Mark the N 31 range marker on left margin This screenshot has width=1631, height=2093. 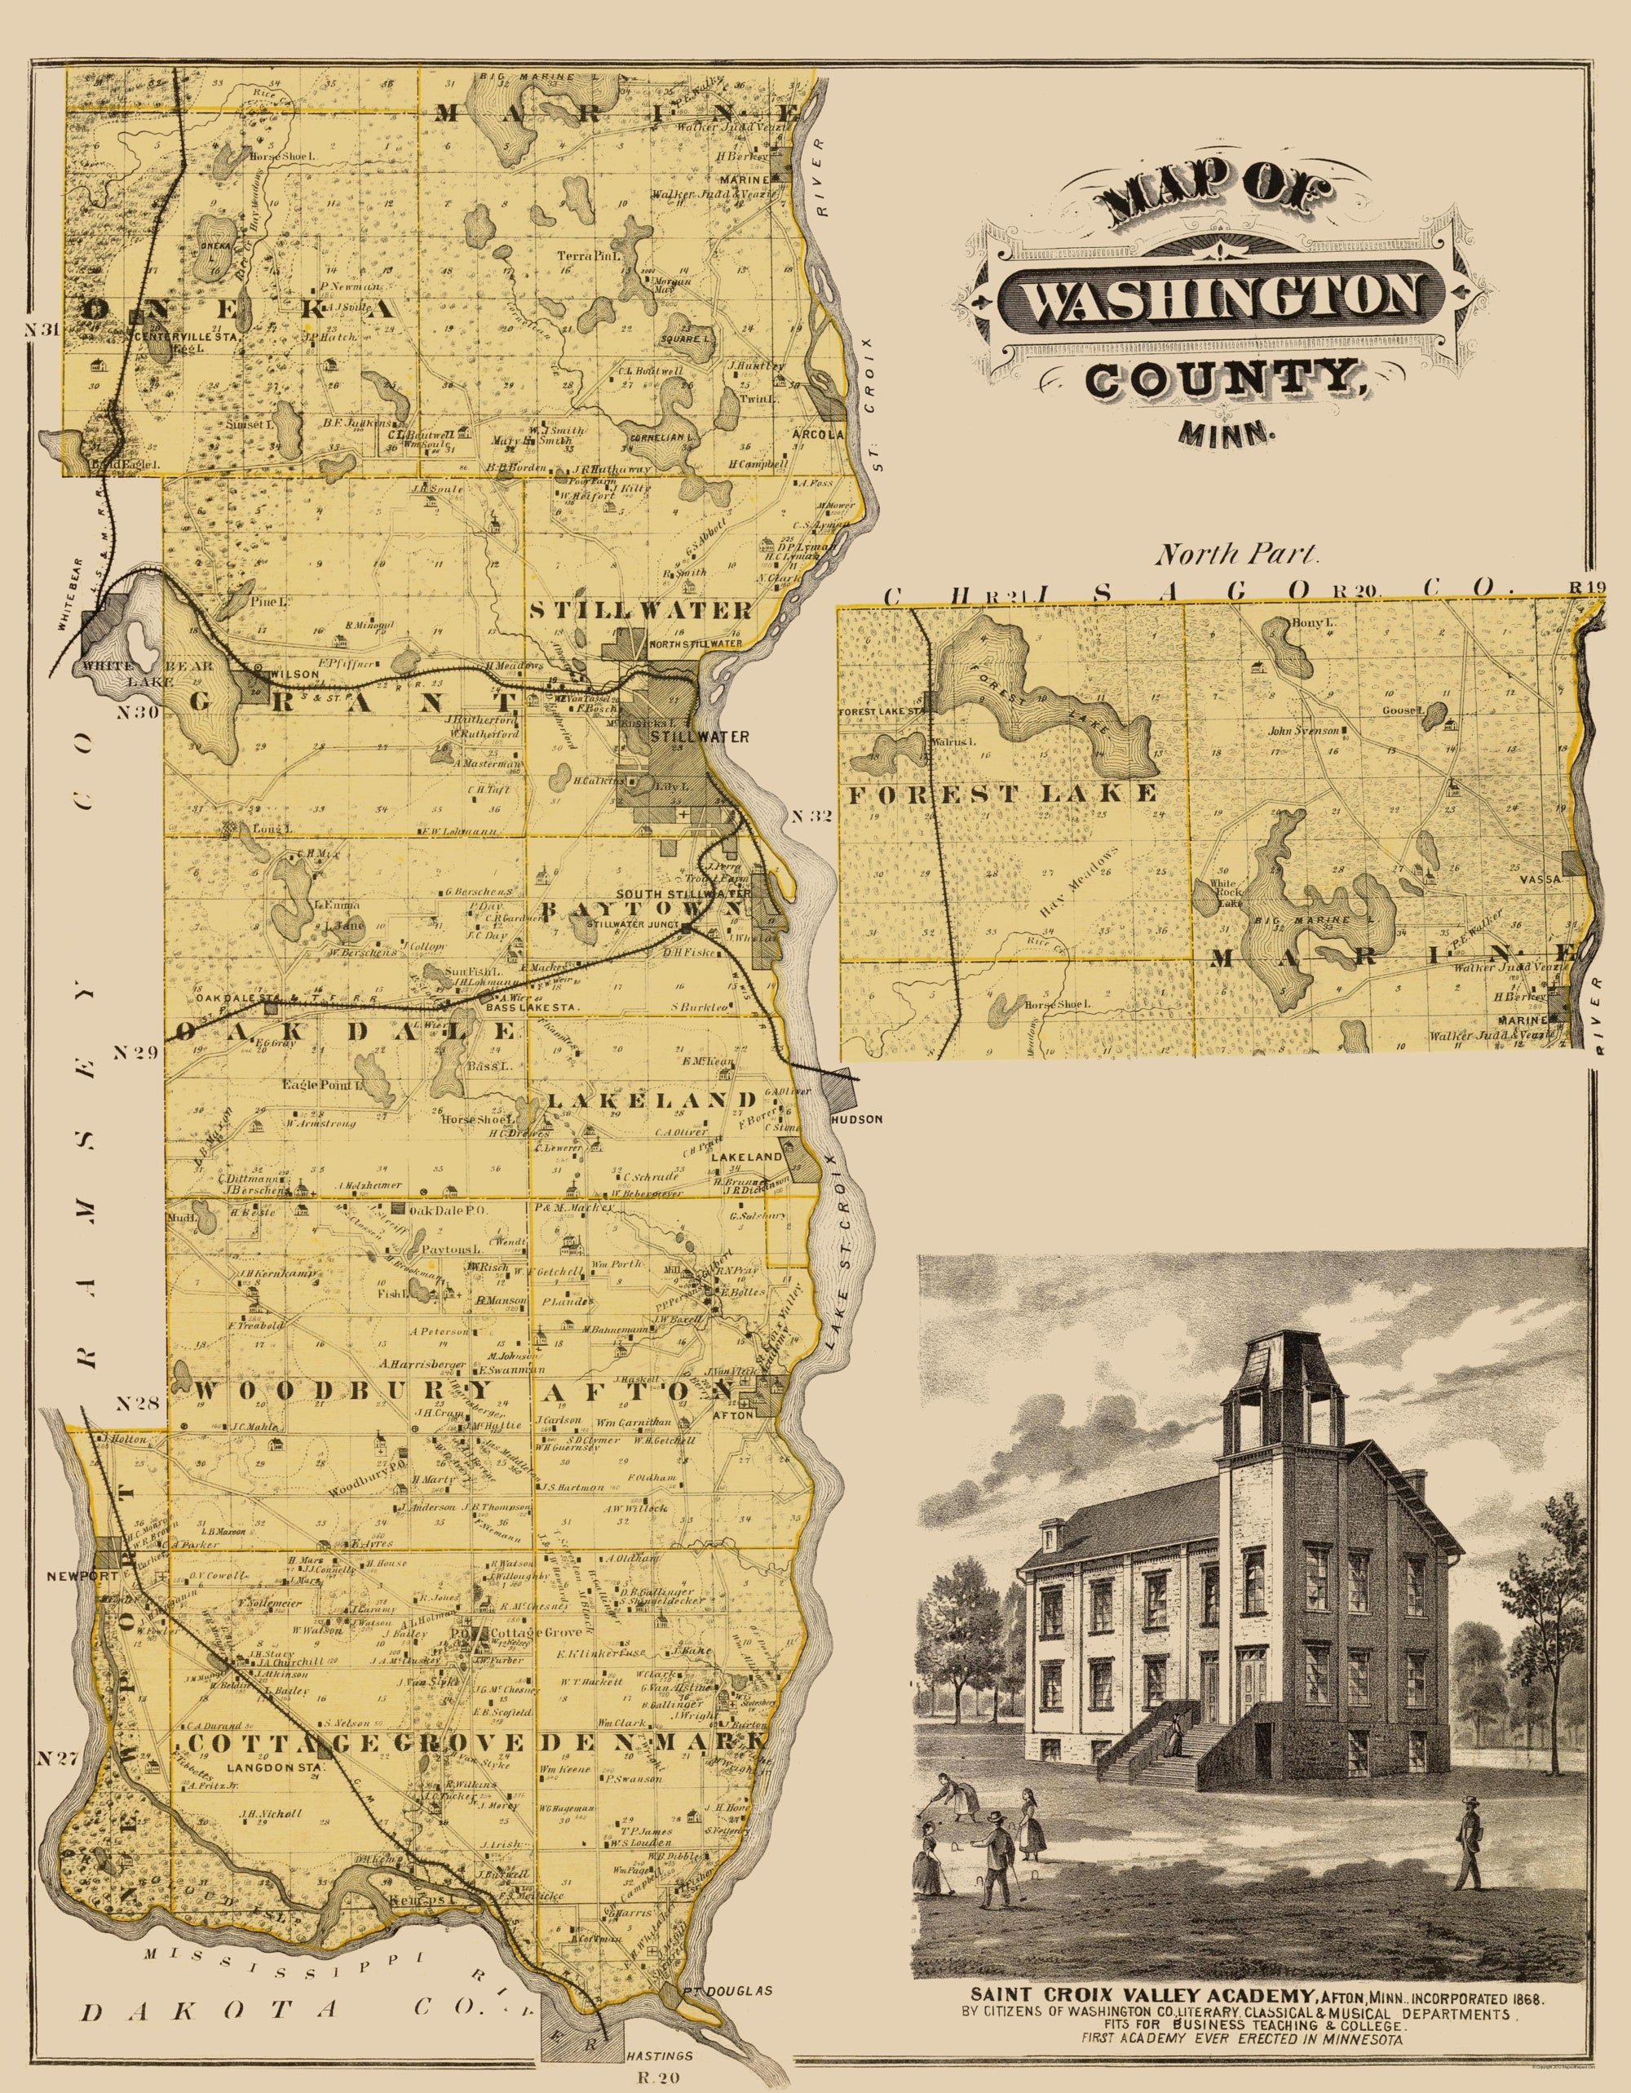click(44, 329)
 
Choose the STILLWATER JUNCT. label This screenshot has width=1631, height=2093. click(631, 925)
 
